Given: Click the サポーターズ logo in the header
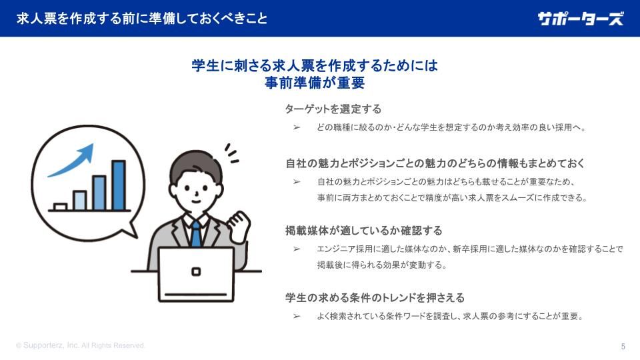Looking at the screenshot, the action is click(x=580, y=19).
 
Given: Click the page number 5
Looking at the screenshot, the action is click(x=623, y=347).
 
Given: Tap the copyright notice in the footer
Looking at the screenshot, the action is click(x=81, y=345).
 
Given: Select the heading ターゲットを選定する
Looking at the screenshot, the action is click(x=333, y=109).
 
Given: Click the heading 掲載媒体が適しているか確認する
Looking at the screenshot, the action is click(x=364, y=231).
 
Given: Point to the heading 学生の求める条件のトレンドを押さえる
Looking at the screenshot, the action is click(x=375, y=297).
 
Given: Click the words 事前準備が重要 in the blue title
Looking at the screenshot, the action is click(x=314, y=83).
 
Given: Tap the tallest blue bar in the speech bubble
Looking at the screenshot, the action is click(x=119, y=185).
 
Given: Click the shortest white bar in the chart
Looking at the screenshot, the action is click(x=61, y=207).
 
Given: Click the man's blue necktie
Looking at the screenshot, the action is click(x=196, y=234).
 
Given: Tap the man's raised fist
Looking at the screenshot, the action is click(x=239, y=226).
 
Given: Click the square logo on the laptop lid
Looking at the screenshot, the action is click(x=196, y=271).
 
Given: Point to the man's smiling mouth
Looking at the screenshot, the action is click(x=196, y=201).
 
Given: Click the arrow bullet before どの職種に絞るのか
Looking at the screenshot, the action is click(x=297, y=128).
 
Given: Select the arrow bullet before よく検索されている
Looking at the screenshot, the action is click(x=297, y=316).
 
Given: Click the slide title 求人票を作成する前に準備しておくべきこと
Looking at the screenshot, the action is click(x=141, y=19).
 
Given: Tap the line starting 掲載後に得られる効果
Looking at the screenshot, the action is click(x=382, y=265).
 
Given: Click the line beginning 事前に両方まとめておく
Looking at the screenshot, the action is click(x=452, y=198).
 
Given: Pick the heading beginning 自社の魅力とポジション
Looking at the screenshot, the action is click(x=435, y=163).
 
